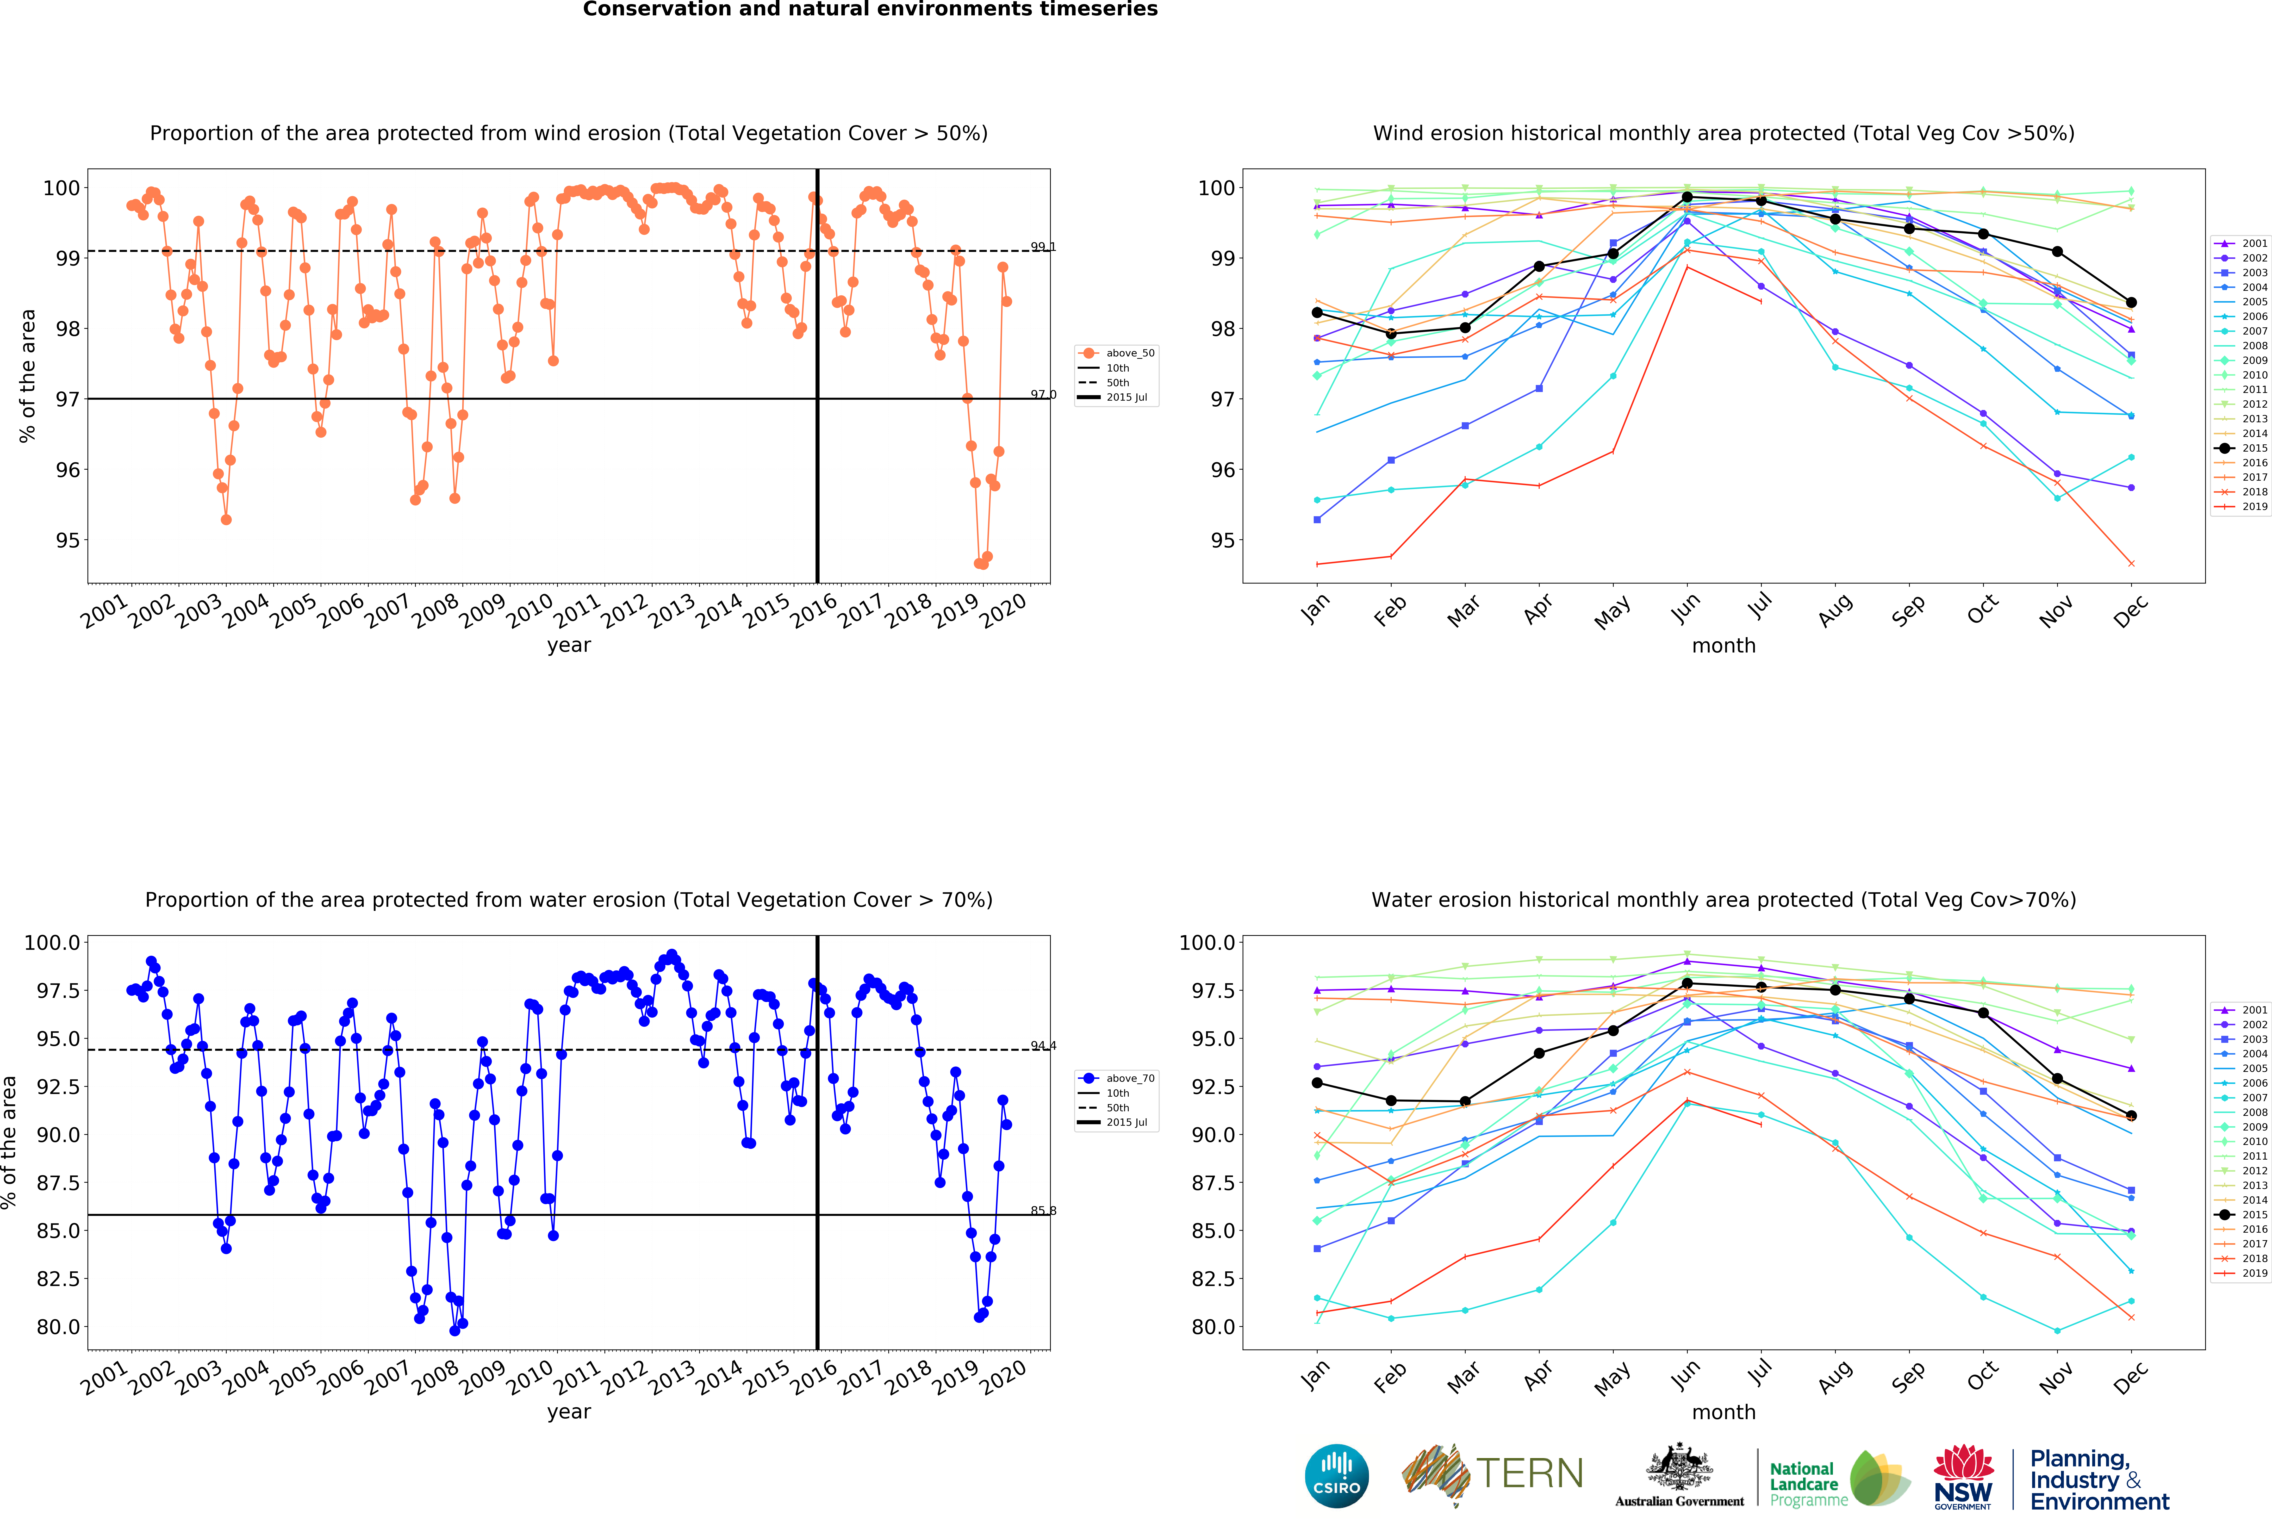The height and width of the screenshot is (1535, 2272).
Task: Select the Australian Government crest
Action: [x=1679, y=1467]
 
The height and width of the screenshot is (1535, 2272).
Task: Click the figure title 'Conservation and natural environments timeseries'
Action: [x=870, y=10]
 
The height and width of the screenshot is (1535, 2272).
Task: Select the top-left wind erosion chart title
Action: [x=568, y=133]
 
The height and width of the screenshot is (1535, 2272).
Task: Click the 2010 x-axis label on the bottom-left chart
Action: [x=530, y=1379]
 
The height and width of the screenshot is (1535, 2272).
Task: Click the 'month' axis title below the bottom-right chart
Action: [x=1724, y=1412]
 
